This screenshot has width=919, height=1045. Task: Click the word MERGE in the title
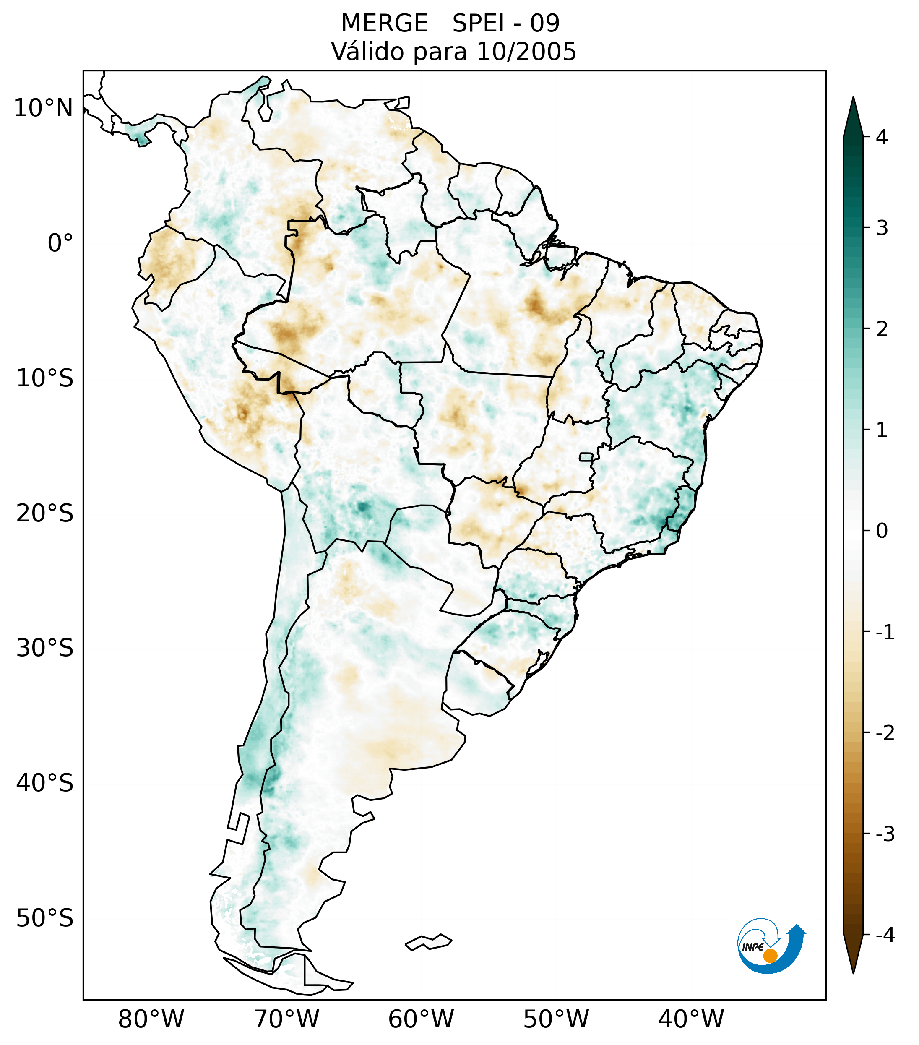pyautogui.click(x=384, y=23)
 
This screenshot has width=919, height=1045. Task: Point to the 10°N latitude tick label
pyautogui.click(x=43, y=108)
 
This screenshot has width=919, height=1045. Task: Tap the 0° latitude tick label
pyautogui.click(x=60, y=243)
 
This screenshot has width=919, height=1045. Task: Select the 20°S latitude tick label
pyautogui.click(x=45, y=513)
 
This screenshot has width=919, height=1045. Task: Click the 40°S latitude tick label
pyautogui.click(x=45, y=783)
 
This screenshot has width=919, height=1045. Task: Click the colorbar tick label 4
pyautogui.click(x=882, y=137)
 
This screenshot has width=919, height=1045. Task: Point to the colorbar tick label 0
pyautogui.click(x=882, y=531)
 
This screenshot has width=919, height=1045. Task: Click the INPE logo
pyautogui.click(x=771, y=945)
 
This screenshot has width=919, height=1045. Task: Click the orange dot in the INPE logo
pyautogui.click(x=770, y=956)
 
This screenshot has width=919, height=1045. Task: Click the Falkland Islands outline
pyautogui.click(x=428, y=942)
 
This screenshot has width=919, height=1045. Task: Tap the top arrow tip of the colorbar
pyautogui.click(x=853, y=98)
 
